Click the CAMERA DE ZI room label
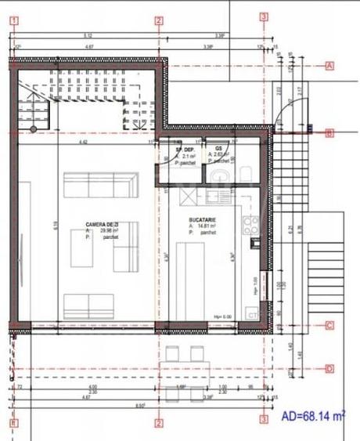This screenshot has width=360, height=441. click(103, 225)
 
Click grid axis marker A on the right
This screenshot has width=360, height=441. click(329, 66)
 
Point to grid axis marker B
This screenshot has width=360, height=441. click(329, 133)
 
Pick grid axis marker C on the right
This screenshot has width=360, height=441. click(329, 326)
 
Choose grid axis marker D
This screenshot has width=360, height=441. click(329, 368)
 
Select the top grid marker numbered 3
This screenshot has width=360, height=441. click(264, 17)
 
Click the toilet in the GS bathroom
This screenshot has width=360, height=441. click(245, 172)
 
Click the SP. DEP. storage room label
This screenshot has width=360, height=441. click(184, 149)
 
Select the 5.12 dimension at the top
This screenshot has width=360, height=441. click(88, 36)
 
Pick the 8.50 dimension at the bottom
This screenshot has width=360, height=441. click(140, 405)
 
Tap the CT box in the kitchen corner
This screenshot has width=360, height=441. click(252, 314)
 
